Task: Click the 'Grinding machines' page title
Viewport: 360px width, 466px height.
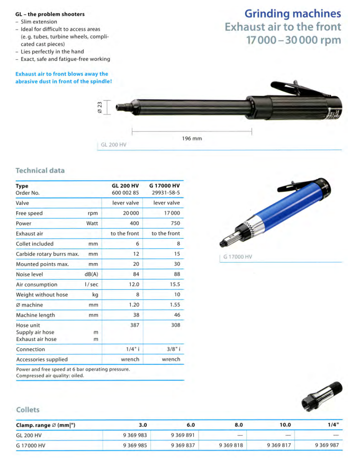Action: coord(293,13)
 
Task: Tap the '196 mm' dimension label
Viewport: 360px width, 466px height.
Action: coord(192,138)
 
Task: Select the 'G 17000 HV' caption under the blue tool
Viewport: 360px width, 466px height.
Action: coord(237,257)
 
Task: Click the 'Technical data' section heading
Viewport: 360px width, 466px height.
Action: coord(40,171)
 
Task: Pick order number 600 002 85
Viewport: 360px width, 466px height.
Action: coord(125,193)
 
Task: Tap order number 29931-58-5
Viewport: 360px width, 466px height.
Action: coord(166,193)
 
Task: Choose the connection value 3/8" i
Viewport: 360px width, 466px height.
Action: coord(171,349)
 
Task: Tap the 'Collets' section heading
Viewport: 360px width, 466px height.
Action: coord(28,410)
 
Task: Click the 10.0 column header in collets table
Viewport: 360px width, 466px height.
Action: coord(285,425)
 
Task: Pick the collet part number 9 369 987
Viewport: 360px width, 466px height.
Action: coord(327,445)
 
